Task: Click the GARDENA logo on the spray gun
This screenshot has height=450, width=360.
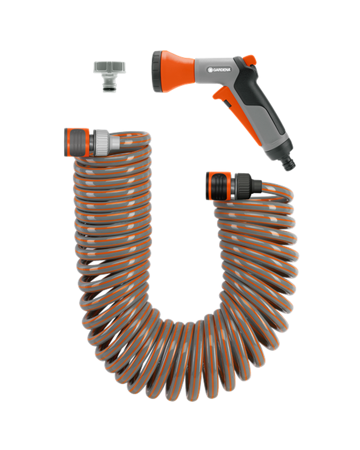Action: tap(220, 70)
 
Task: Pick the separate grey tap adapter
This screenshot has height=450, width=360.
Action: tap(106, 76)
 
